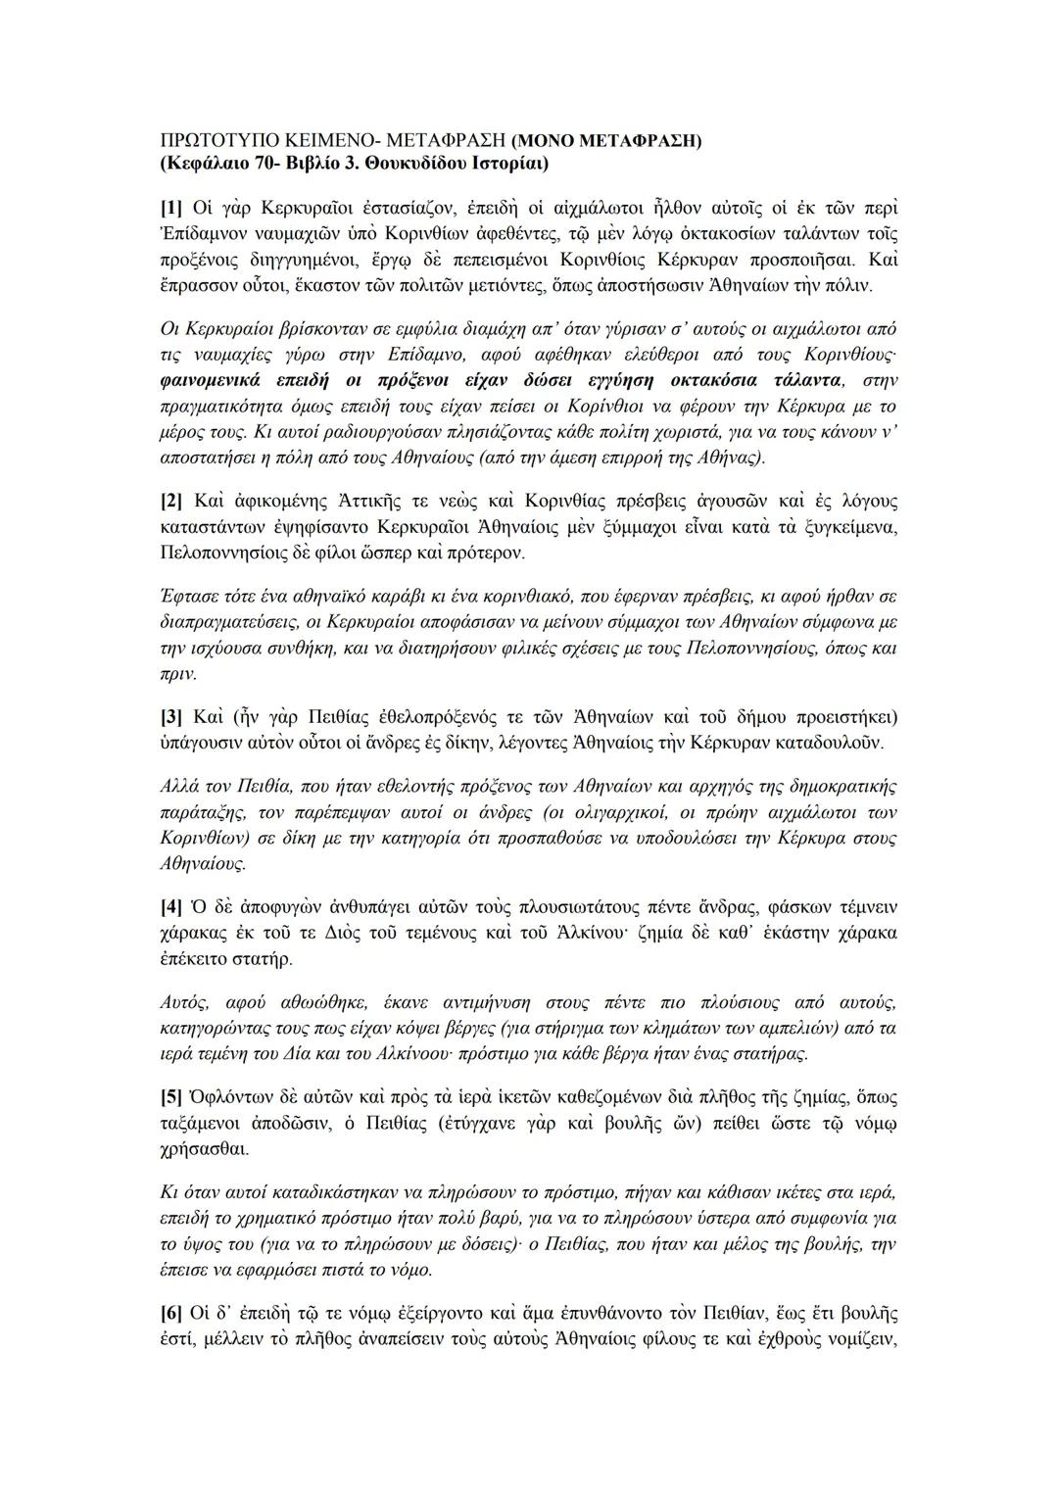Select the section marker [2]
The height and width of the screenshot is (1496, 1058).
point(171,502)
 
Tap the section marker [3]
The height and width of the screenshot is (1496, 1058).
point(171,715)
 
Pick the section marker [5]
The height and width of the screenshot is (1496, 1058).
point(171,1096)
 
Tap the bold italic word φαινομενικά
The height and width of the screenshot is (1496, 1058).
point(208,379)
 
